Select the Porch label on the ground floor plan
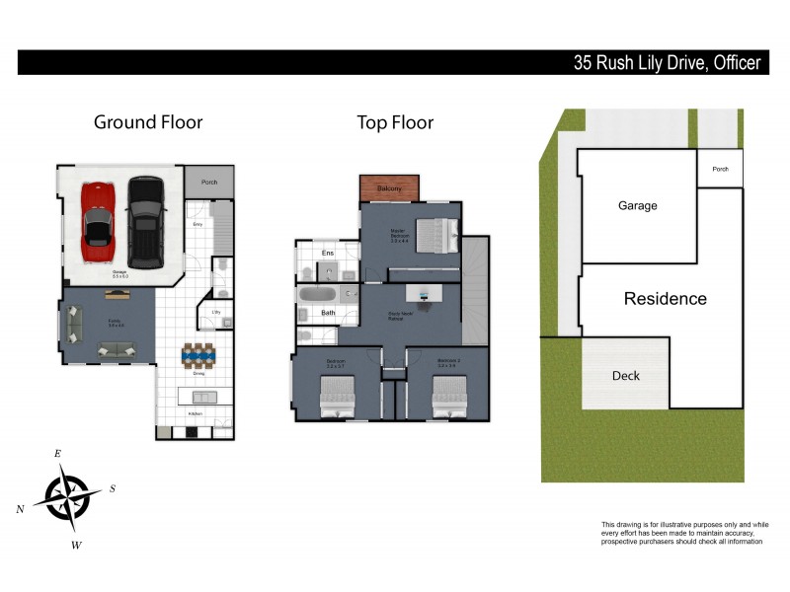[208, 183]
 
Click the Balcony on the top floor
[389, 188]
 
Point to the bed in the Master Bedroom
[435, 236]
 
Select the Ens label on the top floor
[329, 254]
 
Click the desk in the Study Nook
[427, 295]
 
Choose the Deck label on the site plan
[626, 376]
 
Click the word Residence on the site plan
[665, 299]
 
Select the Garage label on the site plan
[637, 206]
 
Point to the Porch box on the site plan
[720, 169]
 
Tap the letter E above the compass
[57, 453]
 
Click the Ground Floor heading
[148, 122]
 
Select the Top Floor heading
[395, 122]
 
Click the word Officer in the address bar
[733, 63]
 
